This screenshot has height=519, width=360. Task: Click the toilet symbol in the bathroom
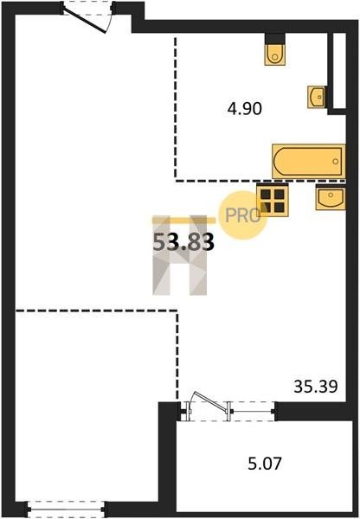point(274,49)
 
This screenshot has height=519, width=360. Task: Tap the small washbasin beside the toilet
point(316,97)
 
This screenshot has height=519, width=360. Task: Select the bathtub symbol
point(308,161)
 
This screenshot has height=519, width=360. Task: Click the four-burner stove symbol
point(273,200)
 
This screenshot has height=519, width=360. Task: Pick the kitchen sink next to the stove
point(331,197)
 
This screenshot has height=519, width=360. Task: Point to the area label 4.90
point(244,109)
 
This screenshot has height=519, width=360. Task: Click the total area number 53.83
point(183,242)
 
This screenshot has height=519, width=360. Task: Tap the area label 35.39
point(316,387)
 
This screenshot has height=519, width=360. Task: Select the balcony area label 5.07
point(265,464)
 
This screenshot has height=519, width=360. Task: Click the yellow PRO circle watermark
point(243,215)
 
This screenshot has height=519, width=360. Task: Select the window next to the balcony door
point(253,412)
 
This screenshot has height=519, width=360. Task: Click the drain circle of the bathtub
point(336,161)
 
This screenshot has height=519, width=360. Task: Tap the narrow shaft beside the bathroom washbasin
point(339,71)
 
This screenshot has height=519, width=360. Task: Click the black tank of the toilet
point(275,39)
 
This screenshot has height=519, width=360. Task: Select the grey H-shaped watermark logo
point(179,255)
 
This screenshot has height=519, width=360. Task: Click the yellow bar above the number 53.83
point(184,220)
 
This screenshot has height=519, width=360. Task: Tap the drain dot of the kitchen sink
point(331,195)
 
